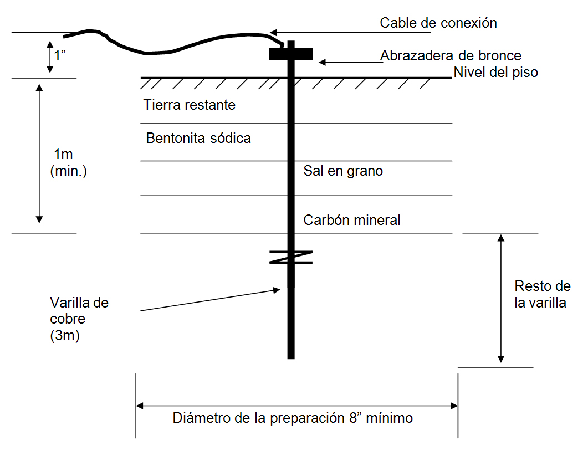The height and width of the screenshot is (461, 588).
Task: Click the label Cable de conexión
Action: point(438,23)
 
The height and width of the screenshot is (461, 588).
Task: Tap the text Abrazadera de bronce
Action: point(451,55)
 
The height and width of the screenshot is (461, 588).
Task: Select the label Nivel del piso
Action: point(496,72)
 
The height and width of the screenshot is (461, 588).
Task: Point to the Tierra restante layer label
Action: point(190,105)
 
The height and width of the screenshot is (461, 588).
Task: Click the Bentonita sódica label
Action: point(198,139)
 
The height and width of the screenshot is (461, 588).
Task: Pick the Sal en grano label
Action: point(343,171)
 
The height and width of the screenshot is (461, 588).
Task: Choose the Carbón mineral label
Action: point(352,220)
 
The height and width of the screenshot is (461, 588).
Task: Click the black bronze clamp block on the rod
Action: point(291,54)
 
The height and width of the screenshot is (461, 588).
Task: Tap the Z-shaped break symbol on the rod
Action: point(291,257)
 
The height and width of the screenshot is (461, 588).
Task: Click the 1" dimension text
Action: point(60,55)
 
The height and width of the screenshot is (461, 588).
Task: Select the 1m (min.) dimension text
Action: point(68,162)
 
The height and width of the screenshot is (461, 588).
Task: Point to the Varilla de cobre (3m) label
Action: point(79,319)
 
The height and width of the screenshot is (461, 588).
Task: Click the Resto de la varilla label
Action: point(542,294)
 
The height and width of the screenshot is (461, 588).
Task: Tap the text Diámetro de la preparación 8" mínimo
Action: point(293,418)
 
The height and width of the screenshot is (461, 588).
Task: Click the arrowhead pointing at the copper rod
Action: point(277,290)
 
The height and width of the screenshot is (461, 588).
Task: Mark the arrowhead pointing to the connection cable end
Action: point(273,33)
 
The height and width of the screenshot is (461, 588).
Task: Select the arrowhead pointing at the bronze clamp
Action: point(322,62)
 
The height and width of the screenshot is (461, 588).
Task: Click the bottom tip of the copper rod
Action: point(291,358)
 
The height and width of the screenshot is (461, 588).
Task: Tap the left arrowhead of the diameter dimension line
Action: point(140,406)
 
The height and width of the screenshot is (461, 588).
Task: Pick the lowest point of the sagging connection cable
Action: point(146,53)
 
